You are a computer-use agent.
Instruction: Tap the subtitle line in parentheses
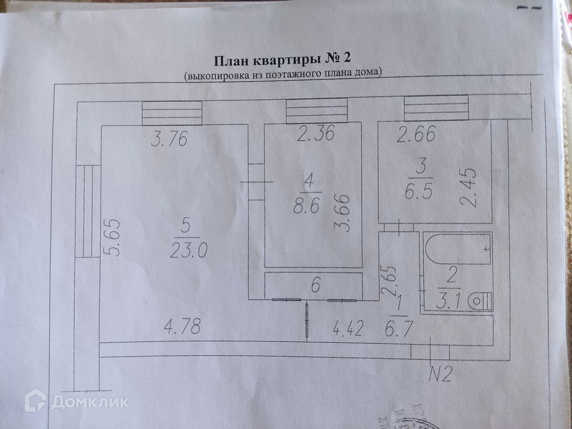[283, 74]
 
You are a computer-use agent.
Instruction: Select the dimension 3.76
[169, 139]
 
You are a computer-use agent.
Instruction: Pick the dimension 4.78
[182, 328]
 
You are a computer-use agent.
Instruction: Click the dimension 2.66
[417, 135]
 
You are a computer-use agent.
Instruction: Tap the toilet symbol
[481, 301]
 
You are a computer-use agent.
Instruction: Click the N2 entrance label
[439, 374]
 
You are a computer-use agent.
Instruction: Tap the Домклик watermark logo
[76, 401]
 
